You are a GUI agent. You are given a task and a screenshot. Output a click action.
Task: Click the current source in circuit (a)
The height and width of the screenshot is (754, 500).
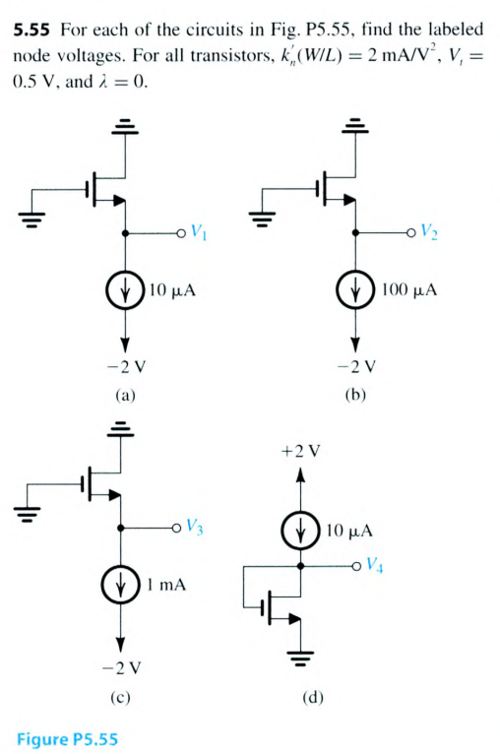(125, 292)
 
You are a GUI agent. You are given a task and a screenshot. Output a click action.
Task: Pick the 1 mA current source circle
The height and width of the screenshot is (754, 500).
(121, 586)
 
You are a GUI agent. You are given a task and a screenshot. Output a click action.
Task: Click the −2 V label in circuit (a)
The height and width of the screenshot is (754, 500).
(123, 369)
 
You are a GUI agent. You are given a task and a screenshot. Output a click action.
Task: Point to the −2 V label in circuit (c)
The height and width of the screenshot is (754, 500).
(120, 666)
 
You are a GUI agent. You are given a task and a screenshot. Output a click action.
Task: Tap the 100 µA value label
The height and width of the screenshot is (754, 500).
(411, 292)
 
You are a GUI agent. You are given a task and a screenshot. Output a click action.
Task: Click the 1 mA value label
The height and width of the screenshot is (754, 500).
(164, 586)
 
